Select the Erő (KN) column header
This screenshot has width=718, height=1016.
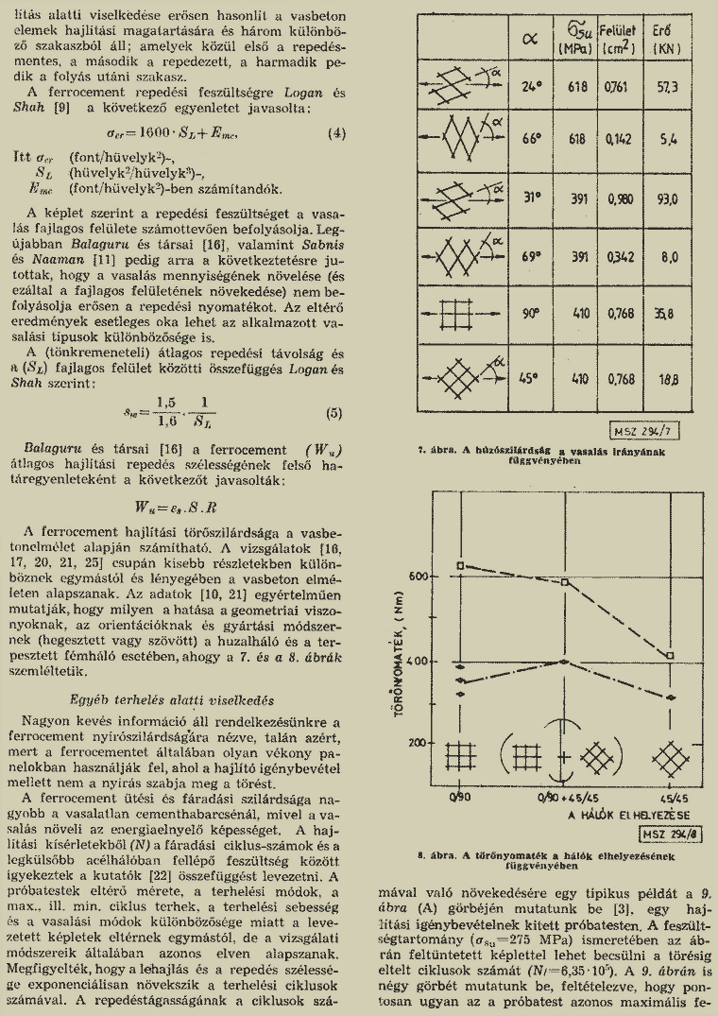(666, 38)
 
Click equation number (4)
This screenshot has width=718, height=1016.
(336, 133)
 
